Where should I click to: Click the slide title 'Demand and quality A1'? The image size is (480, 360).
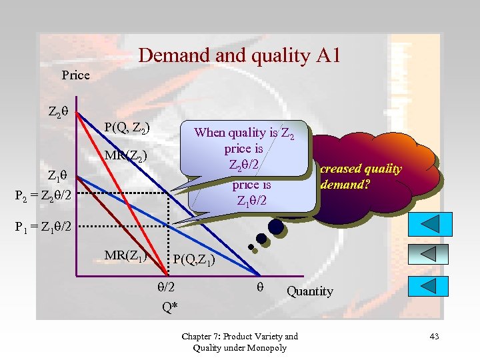click(239, 55)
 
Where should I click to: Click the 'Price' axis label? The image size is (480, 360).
click(75, 75)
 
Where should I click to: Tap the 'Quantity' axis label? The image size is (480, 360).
click(309, 291)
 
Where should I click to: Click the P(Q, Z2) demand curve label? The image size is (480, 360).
click(127, 127)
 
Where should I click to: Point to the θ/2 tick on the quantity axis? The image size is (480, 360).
click(165, 287)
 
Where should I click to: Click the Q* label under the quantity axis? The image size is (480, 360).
click(169, 307)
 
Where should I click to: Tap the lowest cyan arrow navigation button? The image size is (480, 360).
click(437, 286)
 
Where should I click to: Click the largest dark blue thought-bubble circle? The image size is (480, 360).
click(275, 227)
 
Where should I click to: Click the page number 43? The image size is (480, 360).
click(434, 336)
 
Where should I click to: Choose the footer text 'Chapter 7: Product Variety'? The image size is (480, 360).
click(239, 336)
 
